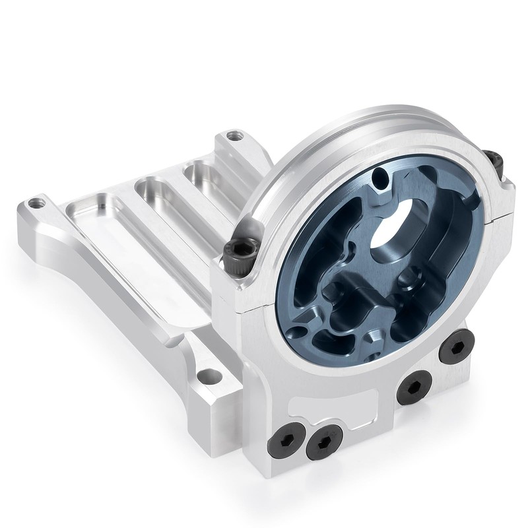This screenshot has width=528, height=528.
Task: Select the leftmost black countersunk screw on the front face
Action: (x=286, y=438)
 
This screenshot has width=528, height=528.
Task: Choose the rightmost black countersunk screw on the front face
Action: (x=456, y=345)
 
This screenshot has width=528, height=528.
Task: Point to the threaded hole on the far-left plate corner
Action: (x=37, y=204)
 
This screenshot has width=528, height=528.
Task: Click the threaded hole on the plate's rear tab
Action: (x=232, y=137)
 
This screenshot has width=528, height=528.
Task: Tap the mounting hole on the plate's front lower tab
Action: (x=209, y=377)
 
